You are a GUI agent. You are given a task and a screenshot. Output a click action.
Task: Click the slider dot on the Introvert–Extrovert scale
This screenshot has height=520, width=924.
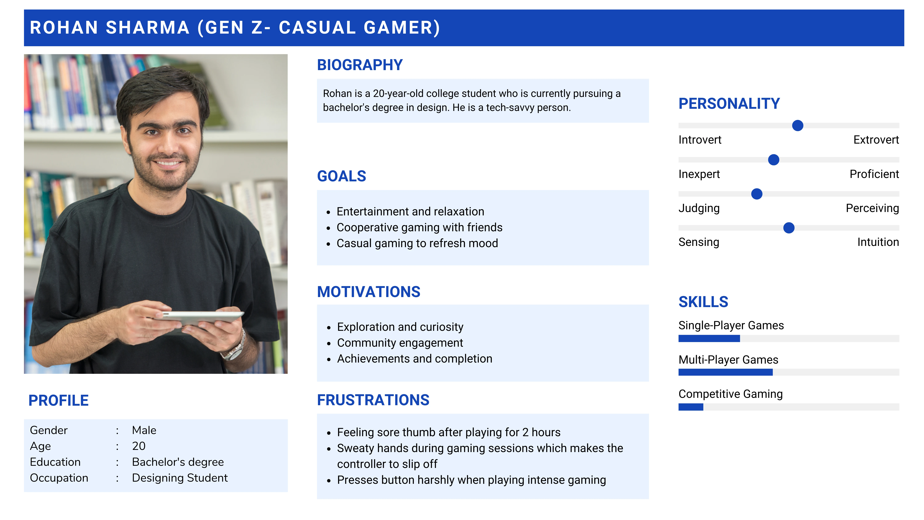point(797,126)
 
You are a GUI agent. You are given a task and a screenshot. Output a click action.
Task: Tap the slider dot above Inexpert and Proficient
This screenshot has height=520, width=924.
point(774,160)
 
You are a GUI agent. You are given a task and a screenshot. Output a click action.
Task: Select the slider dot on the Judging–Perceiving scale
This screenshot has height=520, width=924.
point(757,194)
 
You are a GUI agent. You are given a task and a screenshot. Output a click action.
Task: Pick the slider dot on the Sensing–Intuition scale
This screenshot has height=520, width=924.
point(789,228)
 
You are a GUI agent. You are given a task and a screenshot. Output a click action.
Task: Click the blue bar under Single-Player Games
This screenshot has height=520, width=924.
point(709,338)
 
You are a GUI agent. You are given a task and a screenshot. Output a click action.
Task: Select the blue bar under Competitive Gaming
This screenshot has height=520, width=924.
point(691,407)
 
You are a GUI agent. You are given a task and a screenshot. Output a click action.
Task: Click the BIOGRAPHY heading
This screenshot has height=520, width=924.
point(360,65)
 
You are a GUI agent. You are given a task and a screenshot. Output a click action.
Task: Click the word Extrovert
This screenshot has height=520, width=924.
point(876,140)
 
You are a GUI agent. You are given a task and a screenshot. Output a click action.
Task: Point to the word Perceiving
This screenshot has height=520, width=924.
point(872,208)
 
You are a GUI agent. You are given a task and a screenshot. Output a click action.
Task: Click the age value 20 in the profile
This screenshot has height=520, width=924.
point(139,446)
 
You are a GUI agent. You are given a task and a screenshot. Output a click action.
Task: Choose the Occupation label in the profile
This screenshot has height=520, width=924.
point(59,478)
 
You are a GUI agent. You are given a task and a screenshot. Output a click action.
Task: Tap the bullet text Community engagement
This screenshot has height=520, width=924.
point(400,343)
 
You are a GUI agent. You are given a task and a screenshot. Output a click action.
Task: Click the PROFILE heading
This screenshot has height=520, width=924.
point(59,400)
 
